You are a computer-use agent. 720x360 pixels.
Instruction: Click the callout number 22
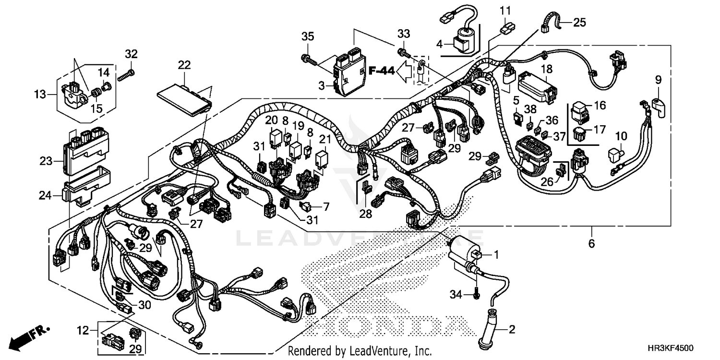184,65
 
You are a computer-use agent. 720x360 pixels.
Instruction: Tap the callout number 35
307,36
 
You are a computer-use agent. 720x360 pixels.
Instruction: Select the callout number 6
591,244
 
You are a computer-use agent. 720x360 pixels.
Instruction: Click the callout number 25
580,22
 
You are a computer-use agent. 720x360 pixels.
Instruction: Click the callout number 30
144,305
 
